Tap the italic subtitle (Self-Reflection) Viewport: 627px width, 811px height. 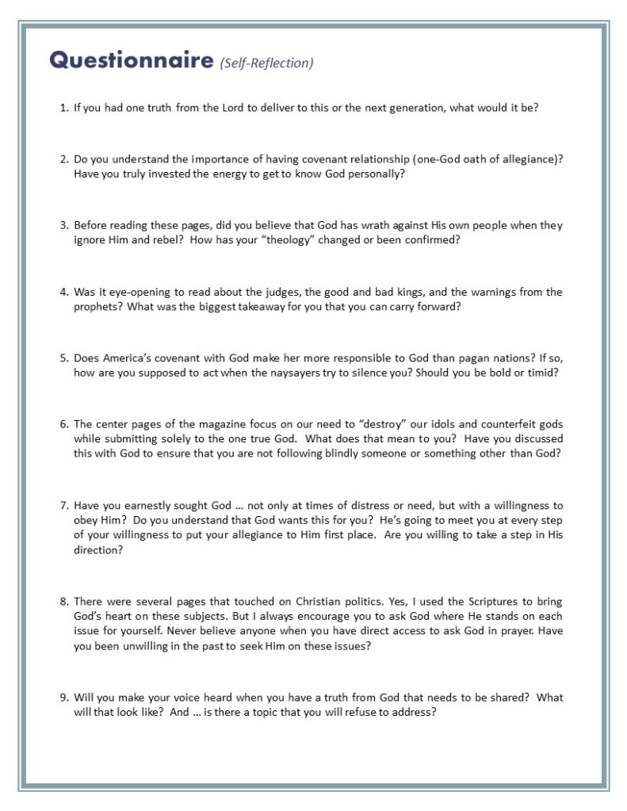267,63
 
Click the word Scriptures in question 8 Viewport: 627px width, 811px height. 484,602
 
